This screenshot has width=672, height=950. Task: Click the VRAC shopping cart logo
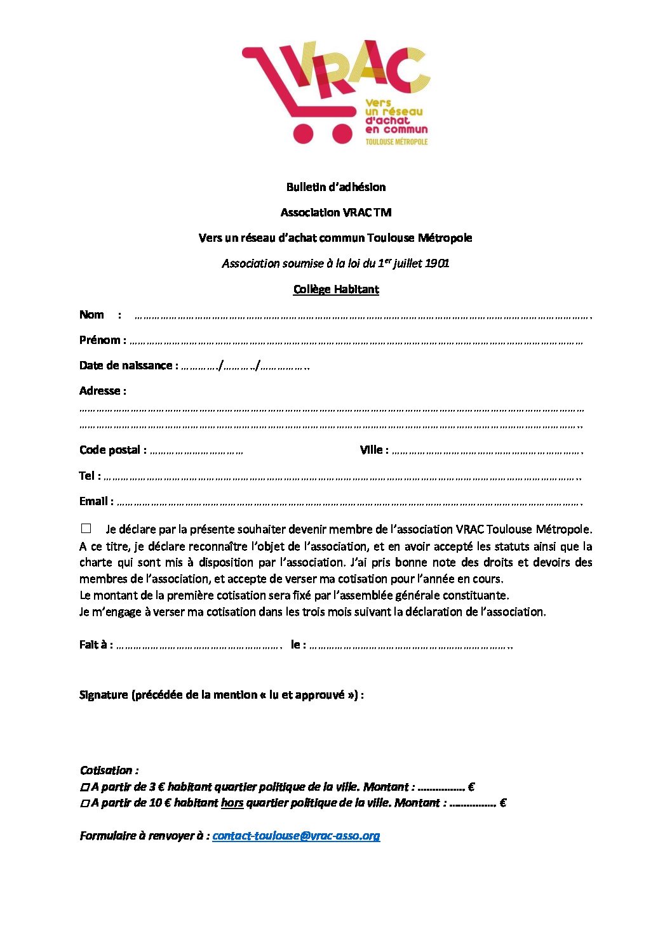point(335,92)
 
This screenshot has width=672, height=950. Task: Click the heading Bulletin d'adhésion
point(336,187)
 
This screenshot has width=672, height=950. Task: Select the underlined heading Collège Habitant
point(336,289)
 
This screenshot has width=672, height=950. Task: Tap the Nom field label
point(91,315)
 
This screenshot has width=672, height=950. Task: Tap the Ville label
point(372,450)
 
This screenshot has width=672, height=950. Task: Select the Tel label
point(86,476)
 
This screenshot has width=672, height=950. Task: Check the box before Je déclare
point(86,529)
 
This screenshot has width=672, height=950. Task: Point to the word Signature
point(104,695)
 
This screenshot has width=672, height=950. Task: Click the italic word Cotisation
point(106,770)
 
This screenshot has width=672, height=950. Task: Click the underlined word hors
point(232,803)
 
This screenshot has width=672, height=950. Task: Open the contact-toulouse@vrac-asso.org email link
point(296,836)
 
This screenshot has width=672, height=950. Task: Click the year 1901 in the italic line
point(437,263)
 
